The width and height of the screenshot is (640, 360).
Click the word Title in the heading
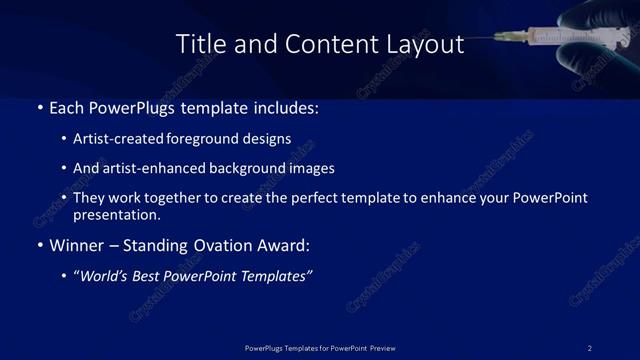(199, 44)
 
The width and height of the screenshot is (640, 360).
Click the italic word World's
(107, 276)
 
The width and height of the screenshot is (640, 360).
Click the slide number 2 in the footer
(590, 347)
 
